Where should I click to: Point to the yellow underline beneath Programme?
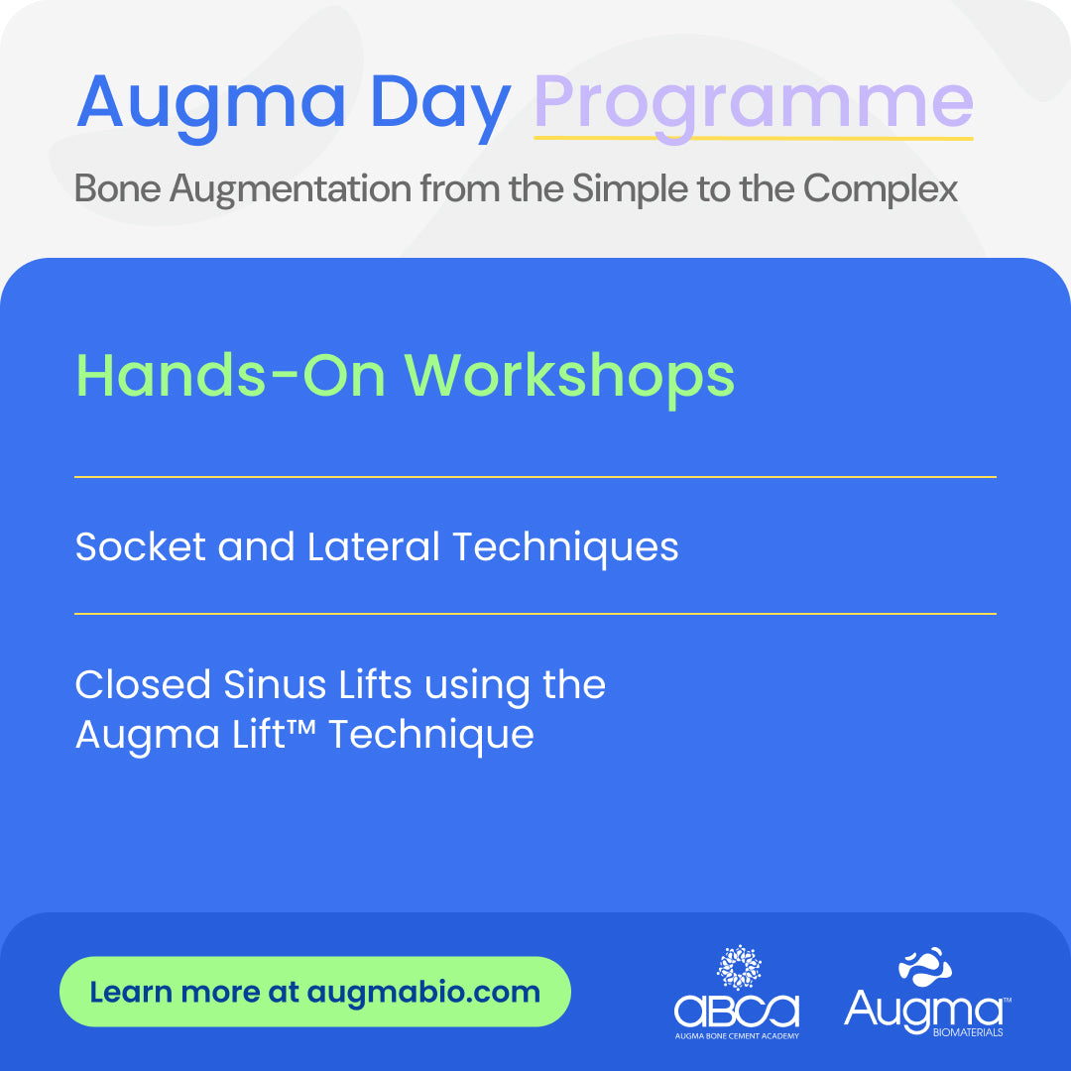tap(754, 139)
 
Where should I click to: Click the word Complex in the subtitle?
tap(887, 188)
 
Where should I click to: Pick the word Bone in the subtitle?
tap(117, 188)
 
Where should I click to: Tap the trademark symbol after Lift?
tap(303, 729)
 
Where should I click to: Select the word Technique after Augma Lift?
tap(431, 735)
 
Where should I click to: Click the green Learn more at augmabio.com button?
tap(315, 992)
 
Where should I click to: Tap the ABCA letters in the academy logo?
tap(737, 1011)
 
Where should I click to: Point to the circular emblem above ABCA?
tap(738, 968)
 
